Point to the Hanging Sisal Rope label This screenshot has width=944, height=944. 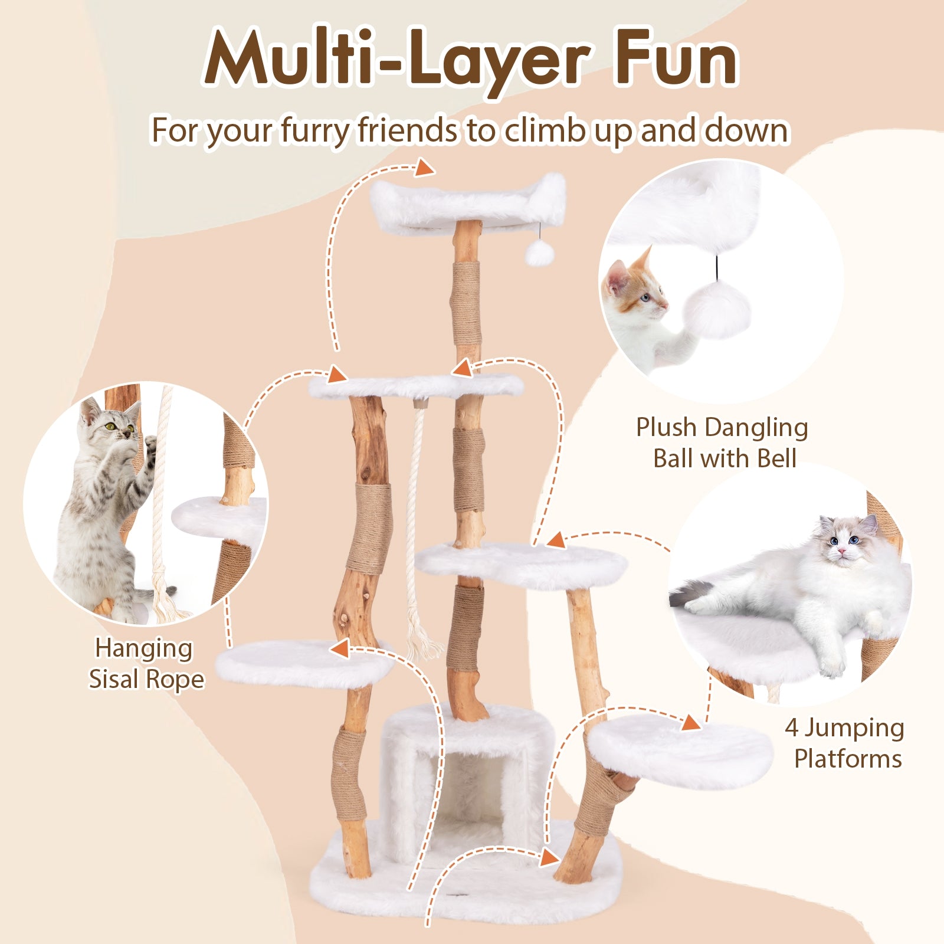click(x=146, y=663)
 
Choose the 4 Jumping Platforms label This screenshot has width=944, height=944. click(x=845, y=743)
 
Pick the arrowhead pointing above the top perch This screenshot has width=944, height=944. click(x=424, y=169)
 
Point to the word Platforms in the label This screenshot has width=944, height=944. click(x=848, y=759)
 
